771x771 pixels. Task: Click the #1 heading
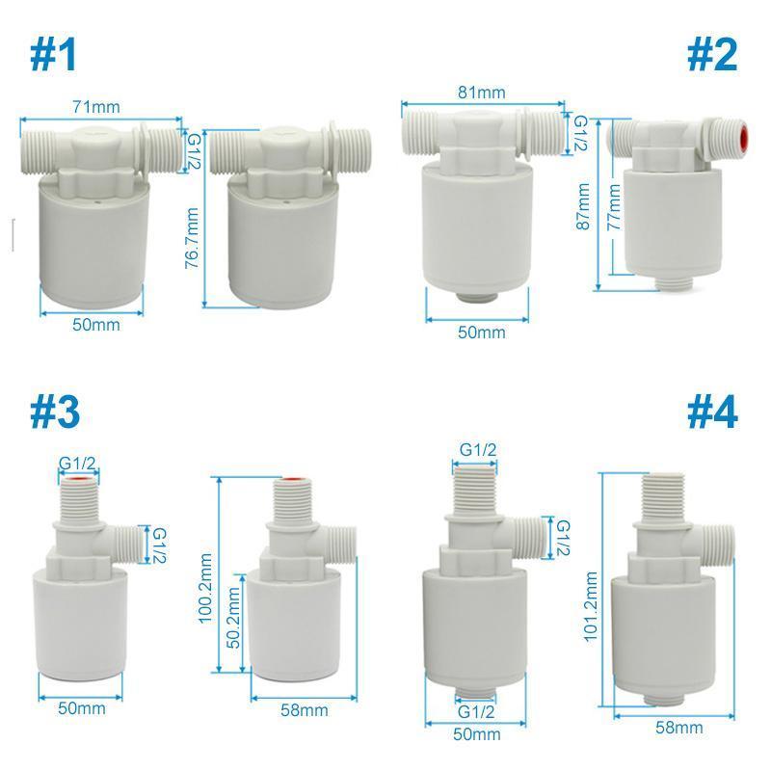[x=54, y=55]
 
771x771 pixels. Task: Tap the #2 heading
[x=712, y=55]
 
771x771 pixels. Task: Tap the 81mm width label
[x=482, y=93]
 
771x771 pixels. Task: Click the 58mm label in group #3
[x=305, y=710]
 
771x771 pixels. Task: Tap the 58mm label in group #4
[x=679, y=728]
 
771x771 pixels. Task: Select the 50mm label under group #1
[x=96, y=325]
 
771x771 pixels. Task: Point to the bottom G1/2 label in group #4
[x=477, y=712]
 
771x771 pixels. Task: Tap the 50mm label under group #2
[x=481, y=332]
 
